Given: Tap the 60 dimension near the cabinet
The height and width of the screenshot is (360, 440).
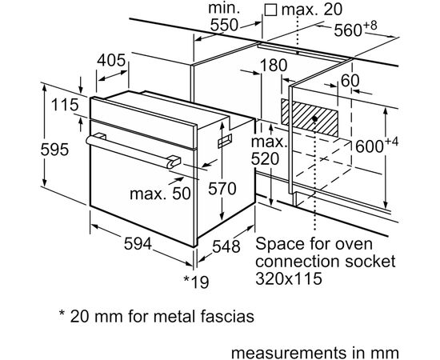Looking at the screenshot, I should tap(350, 80).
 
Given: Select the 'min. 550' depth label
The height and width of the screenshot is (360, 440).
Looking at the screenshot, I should tap(225, 17).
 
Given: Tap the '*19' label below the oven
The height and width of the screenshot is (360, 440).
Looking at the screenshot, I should tap(196, 281).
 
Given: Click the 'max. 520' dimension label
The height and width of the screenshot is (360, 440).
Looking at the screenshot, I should tap(267, 150).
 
